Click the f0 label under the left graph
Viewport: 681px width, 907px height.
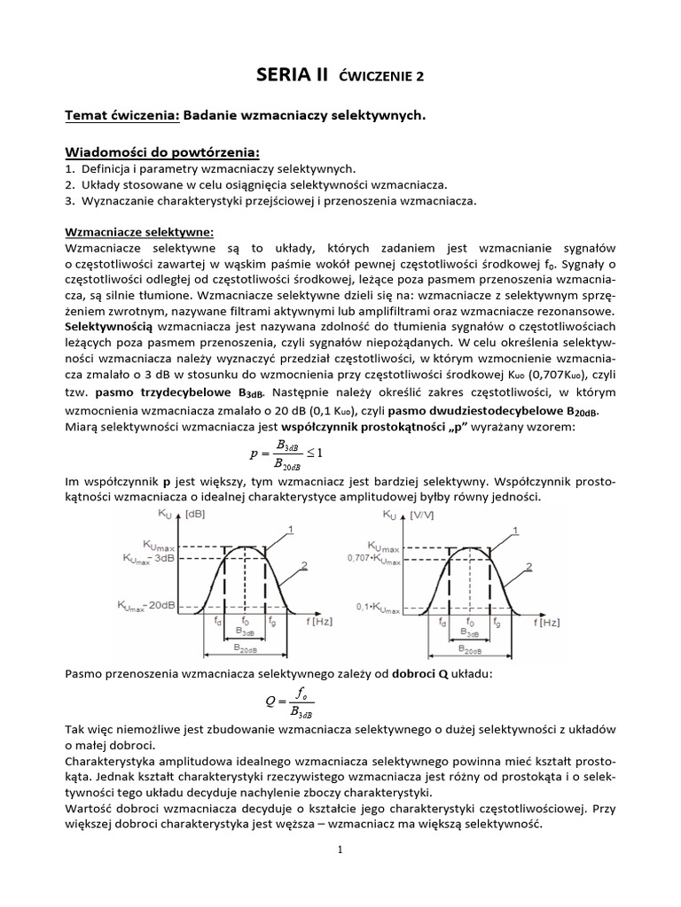click(245, 622)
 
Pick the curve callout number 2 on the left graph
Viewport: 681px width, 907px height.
click(303, 564)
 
